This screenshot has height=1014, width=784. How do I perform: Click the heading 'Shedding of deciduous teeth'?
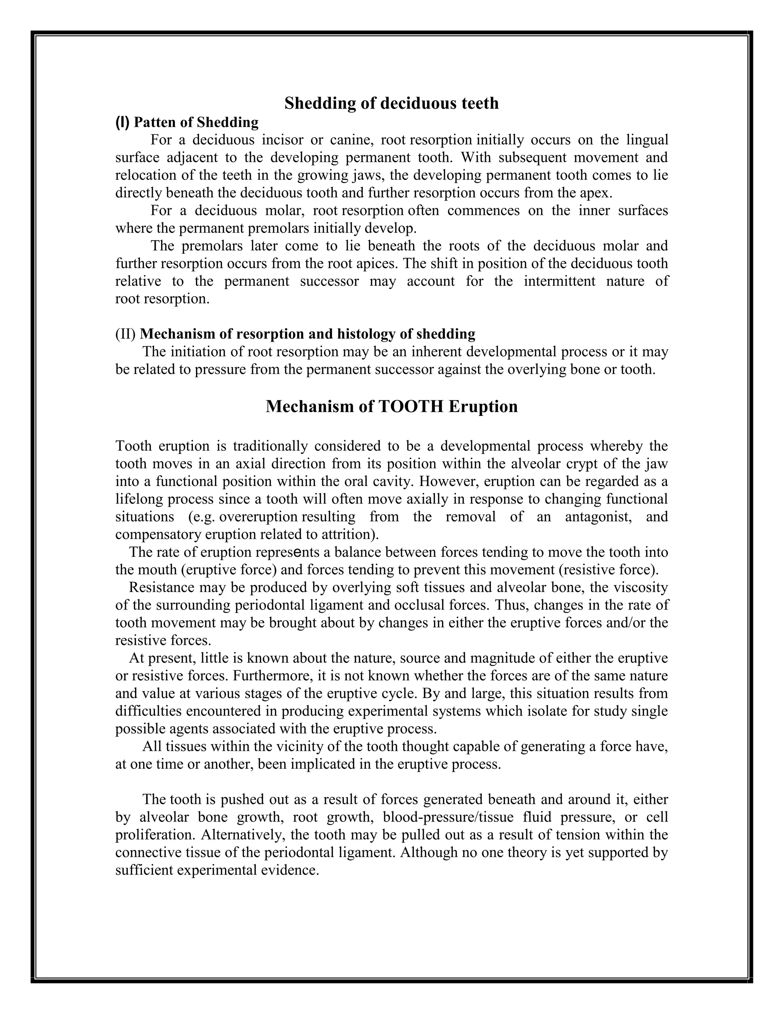pos(392,103)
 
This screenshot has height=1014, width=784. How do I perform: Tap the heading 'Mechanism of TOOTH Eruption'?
pos(392,407)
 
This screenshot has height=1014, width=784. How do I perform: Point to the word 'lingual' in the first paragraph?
pos(647,140)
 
